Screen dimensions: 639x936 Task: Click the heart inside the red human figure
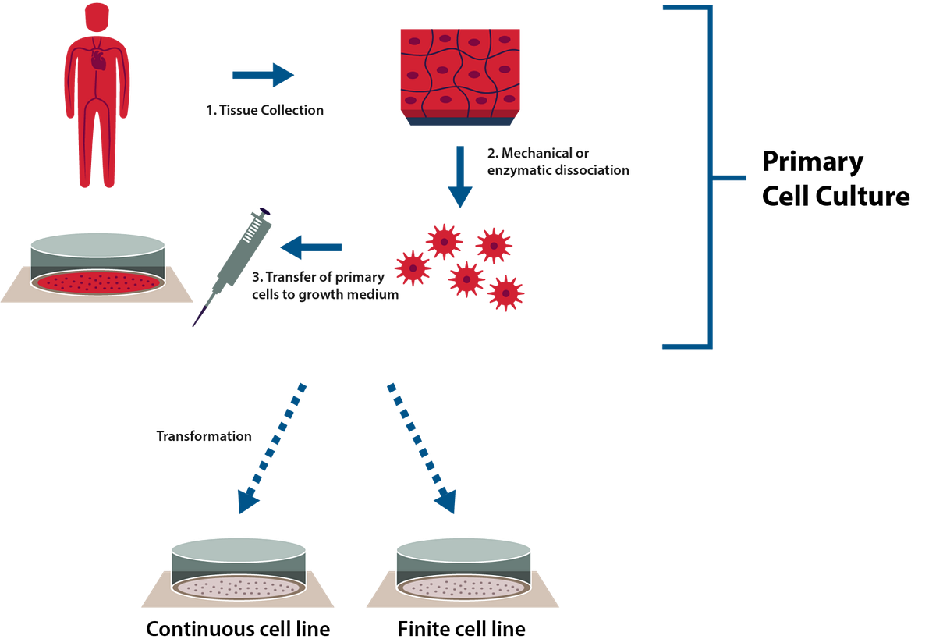[x=97, y=59]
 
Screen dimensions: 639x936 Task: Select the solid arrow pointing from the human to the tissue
[x=263, y=75]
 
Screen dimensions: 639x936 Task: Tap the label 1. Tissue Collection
[x=264, y=111]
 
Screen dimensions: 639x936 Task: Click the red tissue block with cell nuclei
[x=459, y=70]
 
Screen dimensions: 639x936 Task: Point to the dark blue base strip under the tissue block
[x=459, y=121]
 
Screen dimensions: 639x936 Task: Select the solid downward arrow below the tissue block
[x=459, y=176]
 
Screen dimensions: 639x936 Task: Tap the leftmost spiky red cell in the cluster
[x=413, y=268]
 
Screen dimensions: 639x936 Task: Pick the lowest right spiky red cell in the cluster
[x=506, y=293]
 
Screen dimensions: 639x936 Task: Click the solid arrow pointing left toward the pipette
[x=311, y=248]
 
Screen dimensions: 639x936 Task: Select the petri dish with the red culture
[x=97, y=265]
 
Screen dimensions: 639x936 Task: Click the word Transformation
[x=204, y=436]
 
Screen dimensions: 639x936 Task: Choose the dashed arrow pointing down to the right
[x=421, y=446]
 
